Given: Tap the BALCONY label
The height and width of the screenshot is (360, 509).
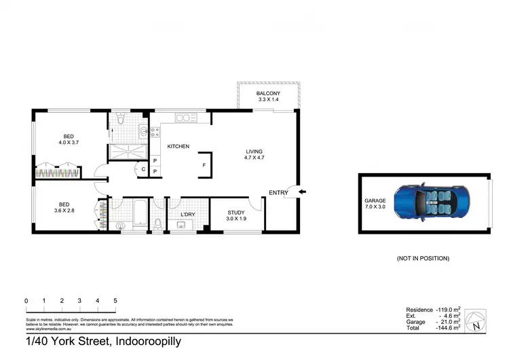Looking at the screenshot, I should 269,93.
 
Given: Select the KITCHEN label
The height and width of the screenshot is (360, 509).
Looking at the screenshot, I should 178,147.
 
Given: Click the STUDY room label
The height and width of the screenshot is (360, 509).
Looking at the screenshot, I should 237,213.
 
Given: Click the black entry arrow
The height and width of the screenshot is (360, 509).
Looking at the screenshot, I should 302,192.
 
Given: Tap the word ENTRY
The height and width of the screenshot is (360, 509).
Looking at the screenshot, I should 278,193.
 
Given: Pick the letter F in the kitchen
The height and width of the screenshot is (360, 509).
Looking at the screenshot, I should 204,165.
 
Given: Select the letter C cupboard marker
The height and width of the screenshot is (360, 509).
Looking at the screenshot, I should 144,169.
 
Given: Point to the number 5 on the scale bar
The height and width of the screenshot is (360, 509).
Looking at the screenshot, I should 115,300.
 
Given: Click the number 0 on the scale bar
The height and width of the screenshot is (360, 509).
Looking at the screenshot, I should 26,300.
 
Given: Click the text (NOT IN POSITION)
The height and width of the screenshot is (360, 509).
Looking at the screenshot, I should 423,259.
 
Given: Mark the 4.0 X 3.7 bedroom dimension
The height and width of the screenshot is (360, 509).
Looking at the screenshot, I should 69,143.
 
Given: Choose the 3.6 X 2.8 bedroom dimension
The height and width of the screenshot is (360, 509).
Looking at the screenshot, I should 66,211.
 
